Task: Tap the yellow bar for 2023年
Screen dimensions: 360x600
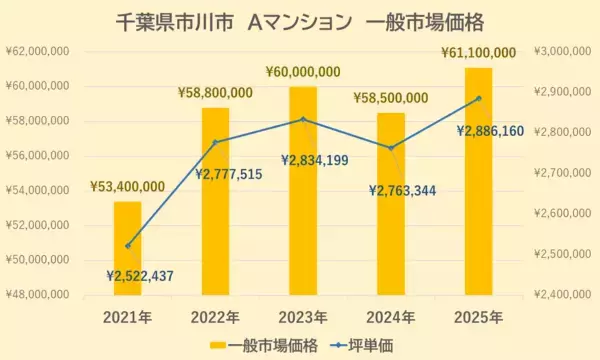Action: point(303,190)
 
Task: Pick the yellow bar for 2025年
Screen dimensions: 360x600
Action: point(478,181)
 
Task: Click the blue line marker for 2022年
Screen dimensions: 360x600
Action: point(215,142)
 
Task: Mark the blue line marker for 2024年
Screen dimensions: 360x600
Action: point(391,148)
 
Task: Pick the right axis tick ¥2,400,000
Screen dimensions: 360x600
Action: point(565,294)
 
